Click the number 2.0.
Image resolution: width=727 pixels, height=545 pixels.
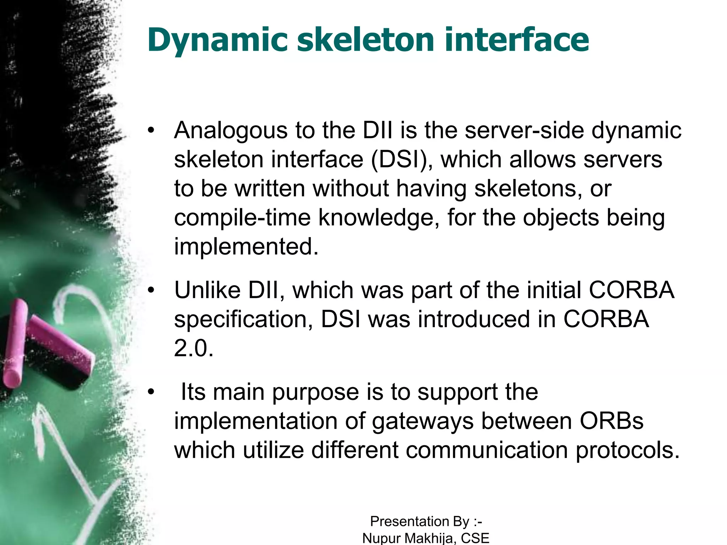[193, 348]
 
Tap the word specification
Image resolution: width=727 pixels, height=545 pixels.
[244, 320]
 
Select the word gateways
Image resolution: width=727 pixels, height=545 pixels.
[423, 422]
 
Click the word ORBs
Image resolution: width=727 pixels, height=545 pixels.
[611, 421]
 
